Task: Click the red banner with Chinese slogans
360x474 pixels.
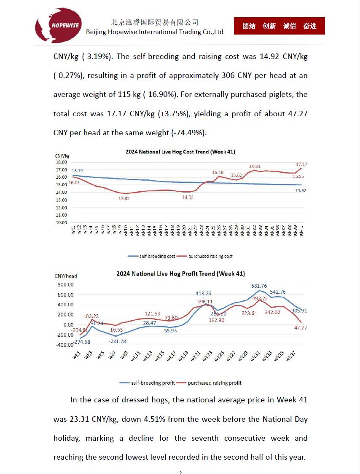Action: [x=279, y=26]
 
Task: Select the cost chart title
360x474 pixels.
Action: [x=180, y=152]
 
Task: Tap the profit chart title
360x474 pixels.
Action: [x=180, y=274]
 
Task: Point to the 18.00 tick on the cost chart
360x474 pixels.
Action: [x=61, y=162]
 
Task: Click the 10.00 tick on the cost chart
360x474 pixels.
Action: [x=61, y=222]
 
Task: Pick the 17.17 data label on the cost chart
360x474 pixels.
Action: [x=301, y=164]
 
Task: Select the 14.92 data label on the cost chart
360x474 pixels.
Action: [x=300, y=190]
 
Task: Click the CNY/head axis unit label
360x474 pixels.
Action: [x=66, y=276]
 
